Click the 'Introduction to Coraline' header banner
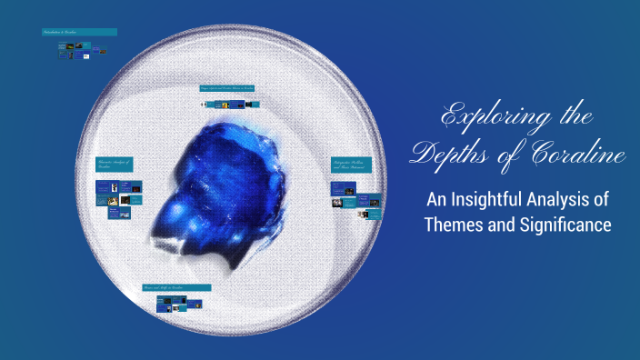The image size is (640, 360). click(79, 33)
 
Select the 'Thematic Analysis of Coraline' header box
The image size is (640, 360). click(115, 165)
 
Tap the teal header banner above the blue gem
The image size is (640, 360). click(227, 88)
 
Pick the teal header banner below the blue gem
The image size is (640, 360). click(176, 287)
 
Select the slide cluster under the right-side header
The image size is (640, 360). click(354, 201)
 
